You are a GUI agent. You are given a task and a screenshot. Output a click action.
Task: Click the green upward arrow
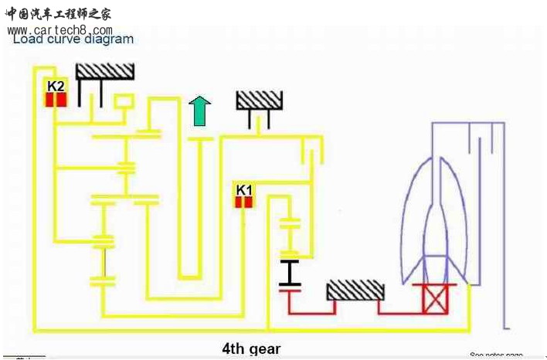point(200,111)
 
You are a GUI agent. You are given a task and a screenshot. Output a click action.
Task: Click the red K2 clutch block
point(56,100)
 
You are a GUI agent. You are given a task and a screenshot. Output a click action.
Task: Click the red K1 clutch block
point(244,202)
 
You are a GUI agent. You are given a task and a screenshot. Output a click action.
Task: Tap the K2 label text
point(56,86)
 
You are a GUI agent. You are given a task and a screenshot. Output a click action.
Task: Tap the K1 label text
point(244,189)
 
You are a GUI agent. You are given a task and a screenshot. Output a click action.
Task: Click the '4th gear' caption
point(251,348)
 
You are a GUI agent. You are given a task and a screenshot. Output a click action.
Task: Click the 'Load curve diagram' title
point(73,39)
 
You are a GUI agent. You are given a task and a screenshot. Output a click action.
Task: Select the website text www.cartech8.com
point(60,29)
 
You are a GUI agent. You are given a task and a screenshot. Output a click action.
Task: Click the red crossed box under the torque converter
point(434,299)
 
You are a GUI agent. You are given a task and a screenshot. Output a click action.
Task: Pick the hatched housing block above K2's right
point(105,71)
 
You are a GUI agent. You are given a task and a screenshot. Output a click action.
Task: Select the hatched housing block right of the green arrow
point(260,100)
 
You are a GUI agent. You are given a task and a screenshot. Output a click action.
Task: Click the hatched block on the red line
point(355,290)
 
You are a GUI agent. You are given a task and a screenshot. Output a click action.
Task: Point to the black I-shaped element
point(290,275)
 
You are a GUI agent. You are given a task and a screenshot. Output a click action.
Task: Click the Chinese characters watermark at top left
point(58,14)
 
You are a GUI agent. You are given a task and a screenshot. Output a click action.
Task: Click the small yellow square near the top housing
point(124,101)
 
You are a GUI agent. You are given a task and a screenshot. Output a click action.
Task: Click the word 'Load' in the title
point(26,39)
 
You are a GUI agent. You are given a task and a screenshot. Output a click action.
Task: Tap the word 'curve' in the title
point(62,39)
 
